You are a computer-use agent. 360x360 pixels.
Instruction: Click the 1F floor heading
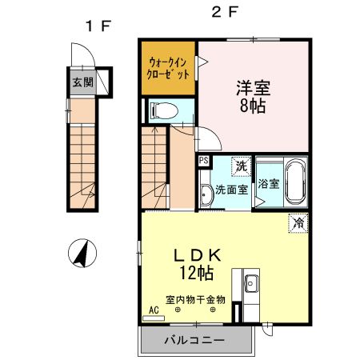click(x=98, y=25)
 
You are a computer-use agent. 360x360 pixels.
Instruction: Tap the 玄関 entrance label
click(x=82, y=82)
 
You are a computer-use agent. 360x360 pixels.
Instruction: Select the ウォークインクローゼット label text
click(x=168, y=66)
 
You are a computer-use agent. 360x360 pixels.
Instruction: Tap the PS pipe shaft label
click(x=204, y=162)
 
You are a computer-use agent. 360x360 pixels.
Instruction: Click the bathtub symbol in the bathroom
click(x=294, y=182)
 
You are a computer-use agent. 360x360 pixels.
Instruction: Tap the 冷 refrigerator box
click(x=298, y=223)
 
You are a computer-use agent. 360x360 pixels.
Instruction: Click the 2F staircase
click(x=156, y=168)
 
